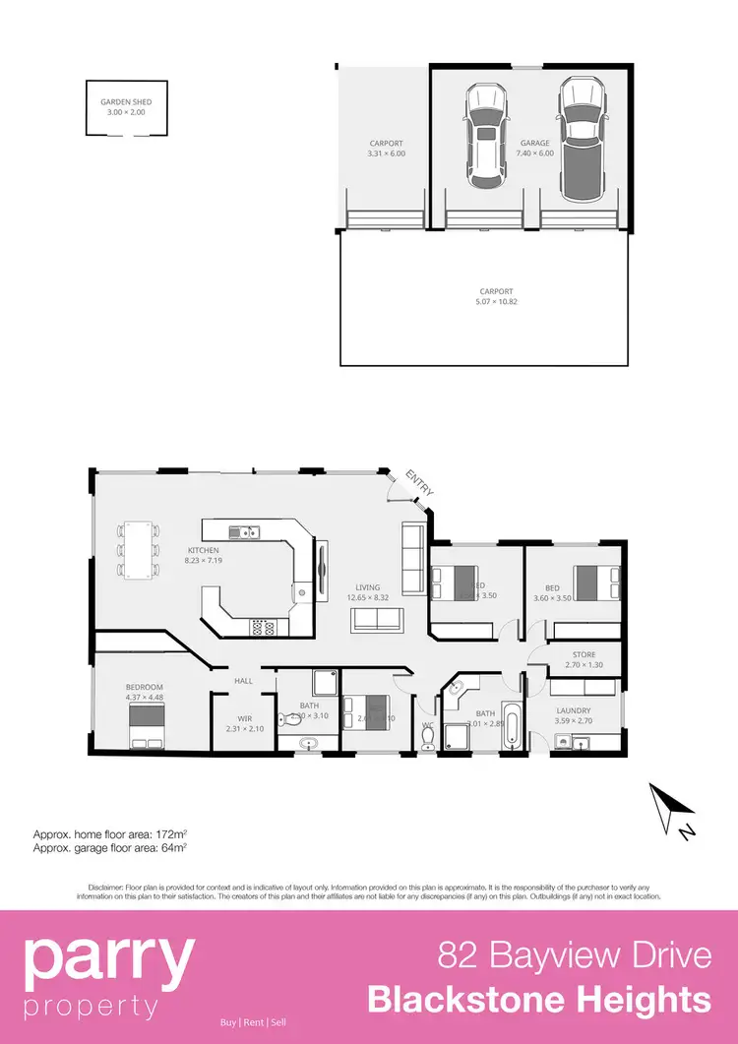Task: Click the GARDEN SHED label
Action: click(x=126, y=106)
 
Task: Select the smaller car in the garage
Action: click(x=485, y=136)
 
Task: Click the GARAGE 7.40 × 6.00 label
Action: click(x=535, y=149)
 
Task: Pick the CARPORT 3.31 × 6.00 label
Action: click(x=386, y=149)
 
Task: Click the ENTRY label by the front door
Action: click(x=419, y=484)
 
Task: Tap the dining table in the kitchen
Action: click(x=139, y=549)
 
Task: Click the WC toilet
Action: click(x=428, y=741)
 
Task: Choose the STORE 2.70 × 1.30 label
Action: click(x=584, y=659)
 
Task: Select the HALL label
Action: click(x=244, y=681)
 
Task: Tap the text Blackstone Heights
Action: click(x=538, y=1000)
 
